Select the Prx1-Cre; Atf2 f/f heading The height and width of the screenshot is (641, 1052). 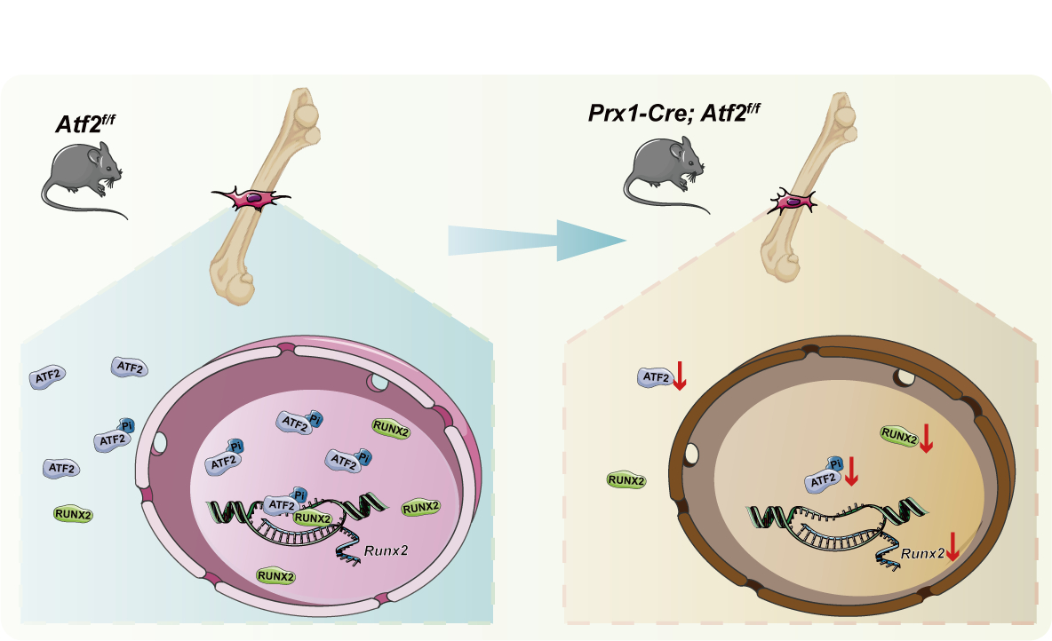click(670, 113)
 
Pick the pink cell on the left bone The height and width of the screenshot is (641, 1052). click(253, 200)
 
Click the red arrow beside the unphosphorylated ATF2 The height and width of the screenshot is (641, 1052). click(680, 376)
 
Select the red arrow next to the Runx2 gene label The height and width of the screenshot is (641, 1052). click(952, 546)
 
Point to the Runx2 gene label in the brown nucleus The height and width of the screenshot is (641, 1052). click(921, 553)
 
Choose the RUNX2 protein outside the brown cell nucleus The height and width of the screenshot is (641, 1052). click(626, 480)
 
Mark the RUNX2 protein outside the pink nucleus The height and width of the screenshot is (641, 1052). click(73, 513)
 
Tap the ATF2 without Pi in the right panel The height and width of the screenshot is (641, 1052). click(656, 377)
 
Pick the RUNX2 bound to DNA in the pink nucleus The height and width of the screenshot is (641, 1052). click(313, 518)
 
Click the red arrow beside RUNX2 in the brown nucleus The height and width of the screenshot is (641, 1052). click(926, 437)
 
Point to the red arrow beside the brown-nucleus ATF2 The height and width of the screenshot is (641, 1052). click(850, 471)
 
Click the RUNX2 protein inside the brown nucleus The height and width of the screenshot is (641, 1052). click(899, 434)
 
